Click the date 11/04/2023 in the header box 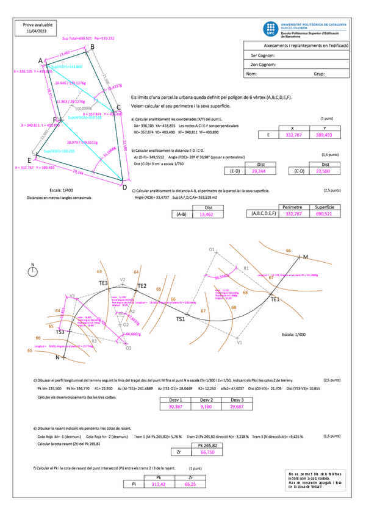coord(37,30)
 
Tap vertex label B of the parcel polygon coord(92,46)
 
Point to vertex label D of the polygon coord(125,180)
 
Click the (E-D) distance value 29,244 coord(263,173)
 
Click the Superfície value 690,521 coord(325,214)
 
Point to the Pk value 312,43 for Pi coord(159,484)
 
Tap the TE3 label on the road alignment coord(103,283)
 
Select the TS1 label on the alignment coord(181,319)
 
